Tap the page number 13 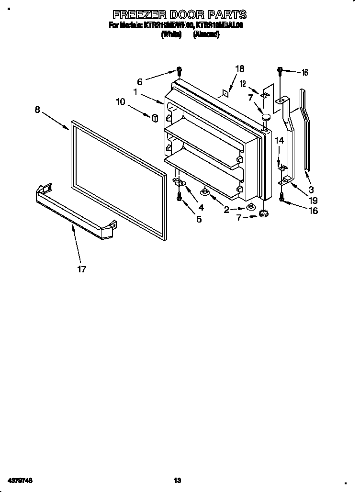pyautogui.click(x=178, y=480)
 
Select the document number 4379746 pyautogui.click(x=20, y=480)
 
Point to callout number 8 pyautogui.click(x=37, y=110)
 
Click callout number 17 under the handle pyautogui.click(x=82, y=269)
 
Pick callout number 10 pyautogui.click(x=121, y=101)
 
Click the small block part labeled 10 pyautogui.click(x=155, y=118)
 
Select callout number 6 pyautogui.click(x=140, y=82)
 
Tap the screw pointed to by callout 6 pyautogui.click(x=179, y=72)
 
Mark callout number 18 pyautogui.click(x=240, y=69)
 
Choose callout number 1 pyautogui.click(x=136, y=92)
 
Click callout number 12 pyautogui.click(x=243, y=84)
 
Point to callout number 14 pyautogui.click(x=280, y=141)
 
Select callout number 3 pyautogui.click(x=311, y=190)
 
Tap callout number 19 pyautogui.click(x=313, y=201)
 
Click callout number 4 pyautogui.click(x=201, y=208)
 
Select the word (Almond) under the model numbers pyautogui.click(x=206, y=34)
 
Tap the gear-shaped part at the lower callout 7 pyautogui.click(x=263, y=213)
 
